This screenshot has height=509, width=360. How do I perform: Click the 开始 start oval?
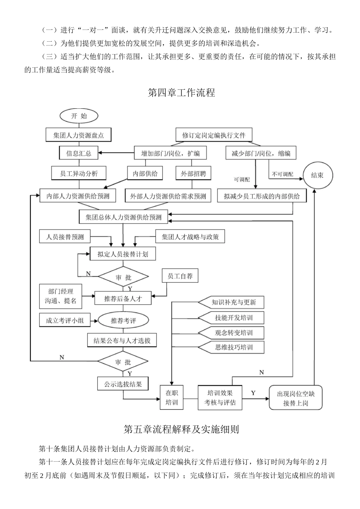[79, 116]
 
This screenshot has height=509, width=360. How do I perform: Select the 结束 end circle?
[317, 175]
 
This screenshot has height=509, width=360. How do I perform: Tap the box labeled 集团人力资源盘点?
[78, 135]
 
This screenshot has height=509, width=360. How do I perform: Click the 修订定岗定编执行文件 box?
[214, 135]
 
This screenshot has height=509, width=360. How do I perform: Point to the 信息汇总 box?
[79, 153]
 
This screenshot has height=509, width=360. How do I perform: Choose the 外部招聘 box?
[193, 174]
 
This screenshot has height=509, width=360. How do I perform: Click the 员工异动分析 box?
[79, 173]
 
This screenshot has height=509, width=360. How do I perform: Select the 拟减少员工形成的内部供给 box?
[262, 196]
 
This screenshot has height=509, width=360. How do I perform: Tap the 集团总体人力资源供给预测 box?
[124, 217]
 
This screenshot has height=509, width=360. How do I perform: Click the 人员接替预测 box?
[65, 237]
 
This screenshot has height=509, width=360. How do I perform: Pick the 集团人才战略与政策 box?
[190, 237]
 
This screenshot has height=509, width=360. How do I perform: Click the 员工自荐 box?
[180, 276]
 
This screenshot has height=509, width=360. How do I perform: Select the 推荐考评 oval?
[123, 320]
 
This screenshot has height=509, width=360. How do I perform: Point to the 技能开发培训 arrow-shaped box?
[232, 318]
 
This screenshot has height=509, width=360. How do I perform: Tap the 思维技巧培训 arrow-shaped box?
[232, 347]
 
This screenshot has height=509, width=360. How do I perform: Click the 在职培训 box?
[172, 398]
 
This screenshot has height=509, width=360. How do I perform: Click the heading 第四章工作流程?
[181, 93]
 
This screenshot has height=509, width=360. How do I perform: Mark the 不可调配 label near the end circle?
[283, 174]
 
